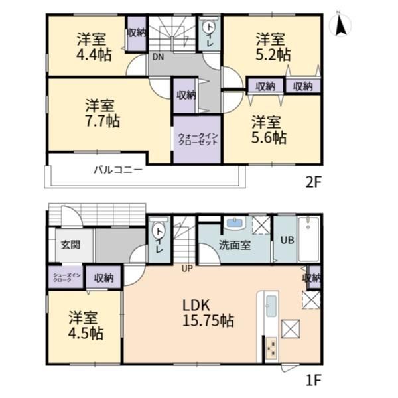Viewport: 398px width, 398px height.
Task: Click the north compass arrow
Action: coord(340,25)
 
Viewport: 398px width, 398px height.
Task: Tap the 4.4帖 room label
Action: coord(94,47)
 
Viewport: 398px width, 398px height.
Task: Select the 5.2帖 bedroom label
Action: coord(273,47)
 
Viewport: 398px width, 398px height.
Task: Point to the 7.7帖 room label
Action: coord(102,113)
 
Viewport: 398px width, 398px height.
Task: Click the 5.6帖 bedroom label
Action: coord(269,130)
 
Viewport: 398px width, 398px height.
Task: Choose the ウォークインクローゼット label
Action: coord(198,139)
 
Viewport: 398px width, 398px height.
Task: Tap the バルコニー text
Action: coord(118,170)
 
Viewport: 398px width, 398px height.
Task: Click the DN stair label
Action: coord(158,57)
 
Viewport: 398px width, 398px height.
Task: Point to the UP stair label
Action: coord(187,268)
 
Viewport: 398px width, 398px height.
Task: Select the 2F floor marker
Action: coord(314,182)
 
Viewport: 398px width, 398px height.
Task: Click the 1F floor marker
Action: coord(314,380)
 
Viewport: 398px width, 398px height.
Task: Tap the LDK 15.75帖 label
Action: coord(208,313)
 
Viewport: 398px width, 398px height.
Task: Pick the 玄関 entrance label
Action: coord(70,245)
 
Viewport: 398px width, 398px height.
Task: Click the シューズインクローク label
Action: coord(67,277)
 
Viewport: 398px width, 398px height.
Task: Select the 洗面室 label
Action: coord(235,245)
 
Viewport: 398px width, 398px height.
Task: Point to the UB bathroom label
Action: coord(287,240)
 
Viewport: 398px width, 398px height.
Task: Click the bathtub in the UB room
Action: coord(308,239)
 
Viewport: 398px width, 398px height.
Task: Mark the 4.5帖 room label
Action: coord(86,326)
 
